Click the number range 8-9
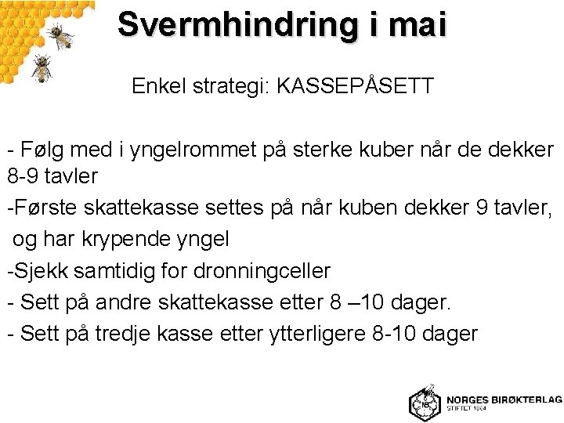click(x=21, y=176)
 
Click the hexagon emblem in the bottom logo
click(x=424, y=403)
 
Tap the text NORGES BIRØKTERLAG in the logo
click(x=504, y=399)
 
